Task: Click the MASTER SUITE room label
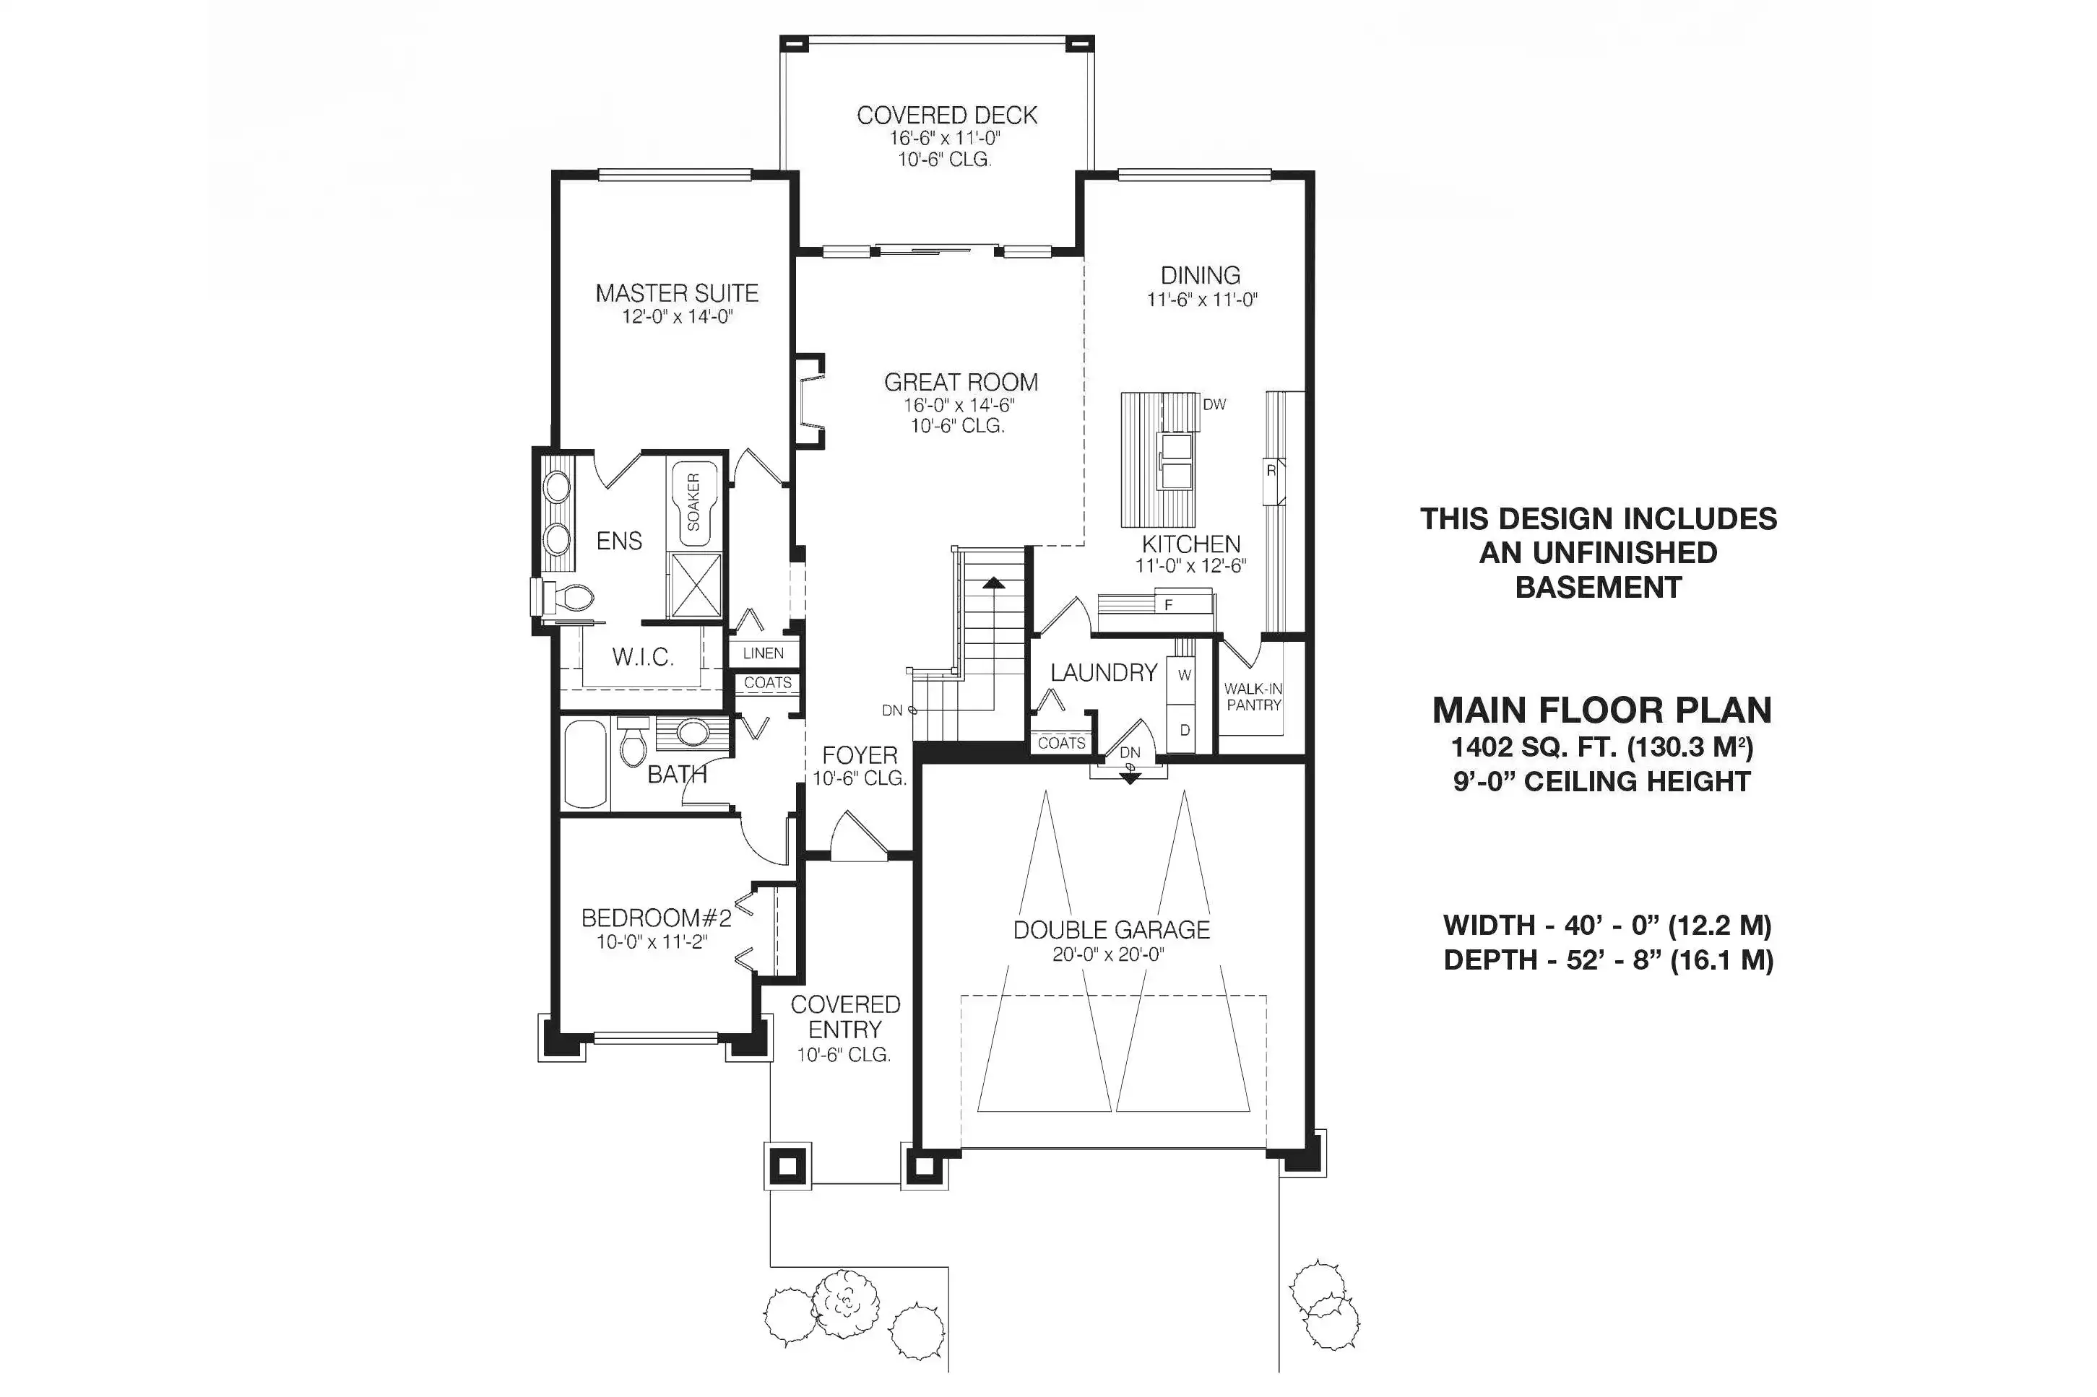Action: click(x=676, y=293)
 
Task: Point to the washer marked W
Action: click(x=1182, y=674)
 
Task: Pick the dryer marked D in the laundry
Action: click(x=1182, y=728)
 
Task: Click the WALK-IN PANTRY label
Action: click(x=1253, y=697)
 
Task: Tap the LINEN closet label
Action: click(x=764, y=653)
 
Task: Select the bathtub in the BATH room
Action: click(x=587, y=764)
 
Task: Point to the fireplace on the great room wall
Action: click(x=810, y=402)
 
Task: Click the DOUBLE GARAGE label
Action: click(x=1111, y=930)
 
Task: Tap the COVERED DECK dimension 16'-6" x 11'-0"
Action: click(x=945, y=138)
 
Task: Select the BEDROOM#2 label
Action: click(x=656, y=918)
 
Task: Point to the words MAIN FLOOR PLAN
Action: click(x=1602, y=710)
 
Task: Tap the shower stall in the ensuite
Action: click(x=695, y=586)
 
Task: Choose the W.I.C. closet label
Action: click(x=643, y=658)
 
